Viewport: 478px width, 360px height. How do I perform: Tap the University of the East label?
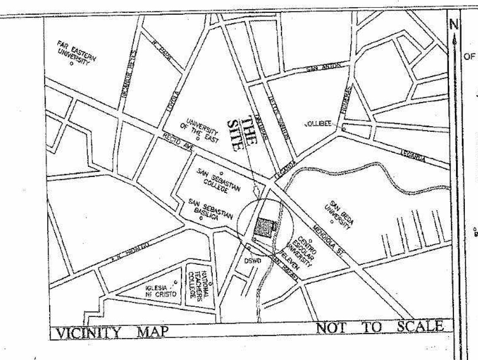(202, 130)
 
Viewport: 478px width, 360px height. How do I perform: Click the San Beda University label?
(340, 214)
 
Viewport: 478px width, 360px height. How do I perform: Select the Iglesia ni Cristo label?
(161, 291)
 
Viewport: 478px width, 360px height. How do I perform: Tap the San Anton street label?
(324, 68)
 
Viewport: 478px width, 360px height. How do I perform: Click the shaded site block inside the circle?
(263, 227)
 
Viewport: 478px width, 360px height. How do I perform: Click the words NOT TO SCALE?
(379, 327)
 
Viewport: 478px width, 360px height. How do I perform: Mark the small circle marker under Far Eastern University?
(71, 64)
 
